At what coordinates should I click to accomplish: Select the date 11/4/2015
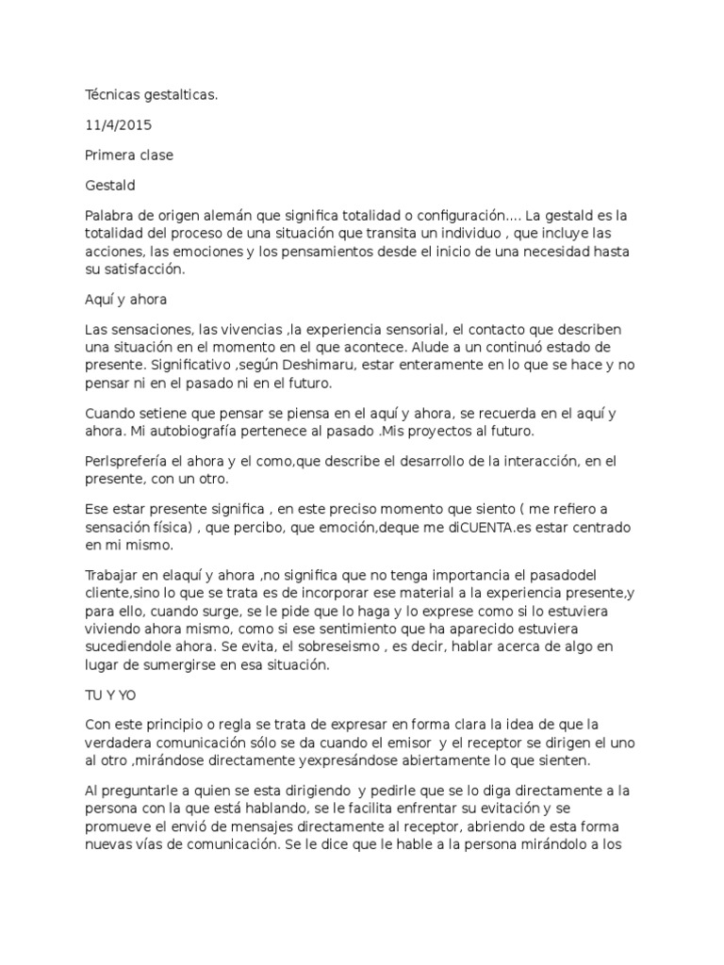[118, 124]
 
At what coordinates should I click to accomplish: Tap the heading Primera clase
[129, 155]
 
